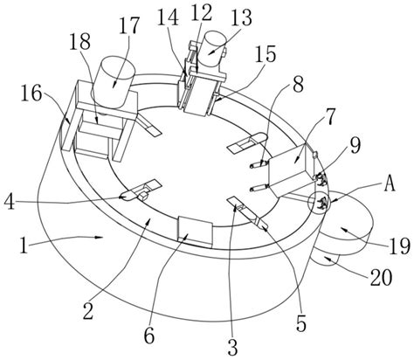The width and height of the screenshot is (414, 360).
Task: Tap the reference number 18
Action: click(x=80, y=43)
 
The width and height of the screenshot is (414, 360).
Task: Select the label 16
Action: click(x=31, y=93)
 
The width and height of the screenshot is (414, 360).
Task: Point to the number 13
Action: click(x=242, y=18)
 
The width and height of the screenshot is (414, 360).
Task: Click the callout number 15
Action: click(x=266, y=54)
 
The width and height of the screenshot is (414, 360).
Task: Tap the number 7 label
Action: click(x=329, y=116)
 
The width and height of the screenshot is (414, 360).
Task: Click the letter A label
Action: click(x=390, y=184)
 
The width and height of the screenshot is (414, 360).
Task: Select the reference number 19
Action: click(x=399, y=247)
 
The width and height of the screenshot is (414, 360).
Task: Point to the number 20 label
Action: click(x=381, y=278)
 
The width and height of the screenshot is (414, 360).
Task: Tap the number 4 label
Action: click(x=10, y=202)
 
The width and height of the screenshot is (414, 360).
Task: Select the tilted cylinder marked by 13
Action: click(x=213, y=52)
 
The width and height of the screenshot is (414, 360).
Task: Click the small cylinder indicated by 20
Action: click(x=326, y=259)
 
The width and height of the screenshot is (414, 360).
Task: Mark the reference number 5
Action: click(x=301, y=323)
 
